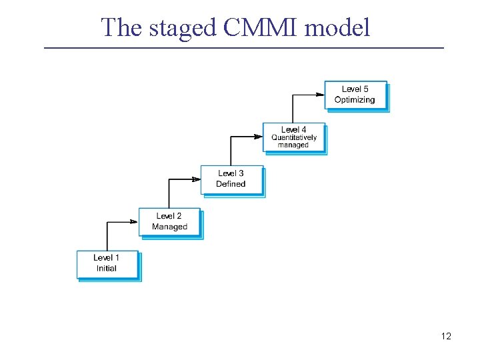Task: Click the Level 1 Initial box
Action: coord(107,264)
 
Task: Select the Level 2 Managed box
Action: coord(169,222)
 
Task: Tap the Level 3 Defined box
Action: coord(231,179)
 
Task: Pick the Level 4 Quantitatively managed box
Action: coord(293,137)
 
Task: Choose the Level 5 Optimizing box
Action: coord(355,95)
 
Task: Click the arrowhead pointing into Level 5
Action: coord(319,95)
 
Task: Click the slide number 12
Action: coord(446,336)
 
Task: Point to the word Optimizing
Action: coord(355,100)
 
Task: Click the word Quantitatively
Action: coord(294,138)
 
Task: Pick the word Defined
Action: coord(231,184)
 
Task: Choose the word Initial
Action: coord(107,269)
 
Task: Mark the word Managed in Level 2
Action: coord(169,227)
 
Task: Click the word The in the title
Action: coord(123,27)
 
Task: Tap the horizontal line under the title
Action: coord(243,48)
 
